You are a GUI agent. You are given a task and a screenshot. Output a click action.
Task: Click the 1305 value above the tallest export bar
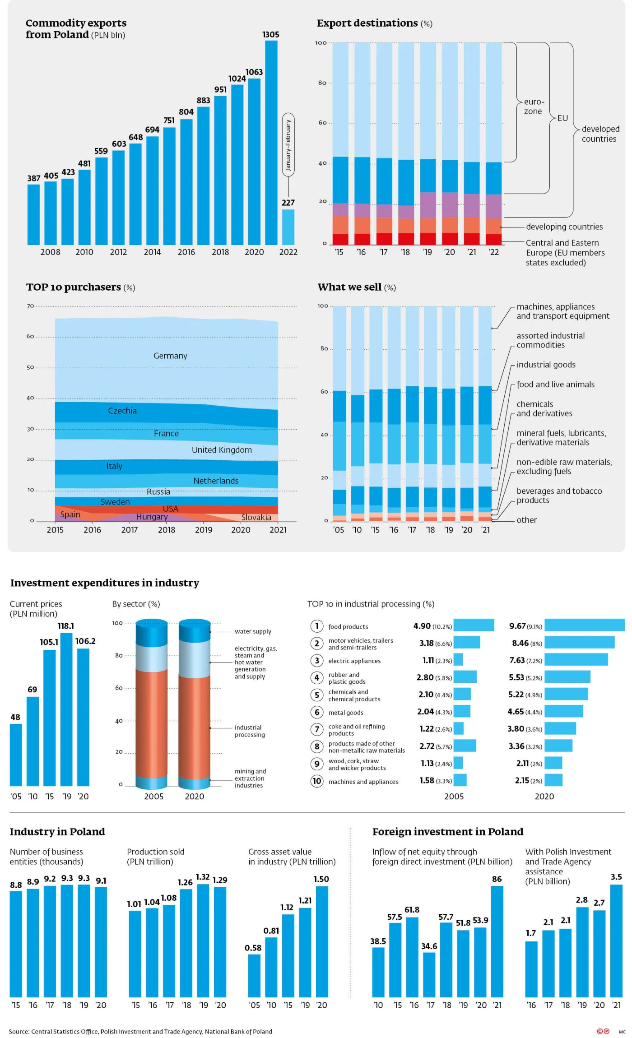pos(271,35)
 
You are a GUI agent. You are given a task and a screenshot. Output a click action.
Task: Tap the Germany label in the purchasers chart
pos(170,356)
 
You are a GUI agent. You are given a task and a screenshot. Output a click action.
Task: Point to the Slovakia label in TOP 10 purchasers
pos(256,518)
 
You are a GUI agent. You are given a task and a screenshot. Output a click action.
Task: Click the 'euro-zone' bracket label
pos(534,107)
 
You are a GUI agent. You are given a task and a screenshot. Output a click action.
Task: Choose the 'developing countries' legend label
pos(564,227)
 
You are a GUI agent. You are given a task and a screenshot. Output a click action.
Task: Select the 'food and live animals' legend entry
pos(555,385)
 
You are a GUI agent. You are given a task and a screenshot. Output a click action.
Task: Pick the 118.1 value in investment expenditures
pos(66,626)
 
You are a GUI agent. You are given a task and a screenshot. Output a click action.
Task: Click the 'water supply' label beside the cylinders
pos(253,631)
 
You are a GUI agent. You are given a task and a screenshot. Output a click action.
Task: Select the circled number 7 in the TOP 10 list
pos(317,729)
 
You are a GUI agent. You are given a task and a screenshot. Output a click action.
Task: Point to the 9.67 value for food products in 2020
pos(517,626)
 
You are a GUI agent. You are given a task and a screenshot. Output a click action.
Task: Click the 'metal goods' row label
pos(346,713)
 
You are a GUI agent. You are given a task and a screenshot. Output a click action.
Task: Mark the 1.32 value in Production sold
pos(203,877)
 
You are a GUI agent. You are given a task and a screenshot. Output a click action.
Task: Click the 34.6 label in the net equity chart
pos(429,946)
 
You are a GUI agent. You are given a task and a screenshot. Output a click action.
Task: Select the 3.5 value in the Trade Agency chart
pos(616,877)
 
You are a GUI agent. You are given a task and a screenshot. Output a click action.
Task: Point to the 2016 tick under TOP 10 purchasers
pos(92,530)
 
